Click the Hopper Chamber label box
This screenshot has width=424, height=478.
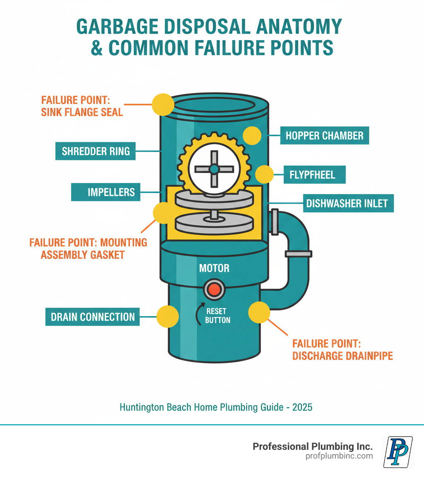324,135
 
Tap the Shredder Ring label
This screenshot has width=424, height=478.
96,151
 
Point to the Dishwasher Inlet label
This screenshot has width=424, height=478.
347,203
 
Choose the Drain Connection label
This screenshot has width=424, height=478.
92,317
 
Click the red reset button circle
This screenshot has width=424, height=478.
214,289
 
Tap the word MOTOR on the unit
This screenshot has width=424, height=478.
214,268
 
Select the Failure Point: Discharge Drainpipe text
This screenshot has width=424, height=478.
342,350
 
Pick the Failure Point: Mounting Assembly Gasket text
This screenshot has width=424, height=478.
88,249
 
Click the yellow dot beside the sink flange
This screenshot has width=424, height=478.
163,104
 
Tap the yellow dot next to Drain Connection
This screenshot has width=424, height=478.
167,317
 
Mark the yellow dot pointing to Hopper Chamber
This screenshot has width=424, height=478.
252,136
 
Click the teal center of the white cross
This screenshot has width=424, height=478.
214,169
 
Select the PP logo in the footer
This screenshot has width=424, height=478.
398,451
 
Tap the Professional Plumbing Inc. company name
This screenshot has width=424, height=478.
313,447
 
